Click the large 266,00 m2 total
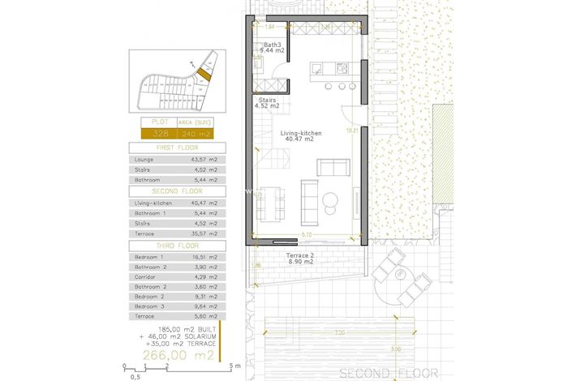(x=178, y=354)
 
